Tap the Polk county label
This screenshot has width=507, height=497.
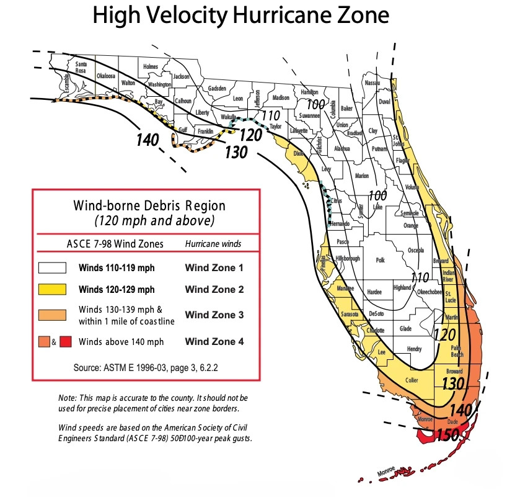(381, 261)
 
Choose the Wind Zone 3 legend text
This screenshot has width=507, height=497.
(214, 315)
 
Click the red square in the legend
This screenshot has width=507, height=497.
(66, 342)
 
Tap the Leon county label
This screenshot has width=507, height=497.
(238, 99)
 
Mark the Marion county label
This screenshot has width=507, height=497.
(361, 176)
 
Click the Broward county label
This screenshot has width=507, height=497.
(454, 371)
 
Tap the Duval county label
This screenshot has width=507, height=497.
(384, 101)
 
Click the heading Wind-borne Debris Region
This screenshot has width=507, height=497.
(149, 205)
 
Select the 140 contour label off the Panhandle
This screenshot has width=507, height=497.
(148, 140)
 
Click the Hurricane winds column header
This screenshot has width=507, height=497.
(213, 244)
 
